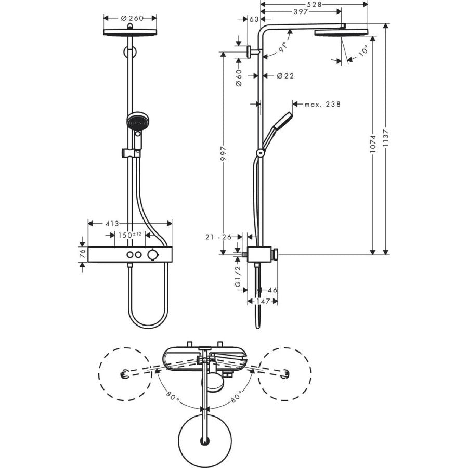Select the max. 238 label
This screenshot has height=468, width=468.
click(322, 105)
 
